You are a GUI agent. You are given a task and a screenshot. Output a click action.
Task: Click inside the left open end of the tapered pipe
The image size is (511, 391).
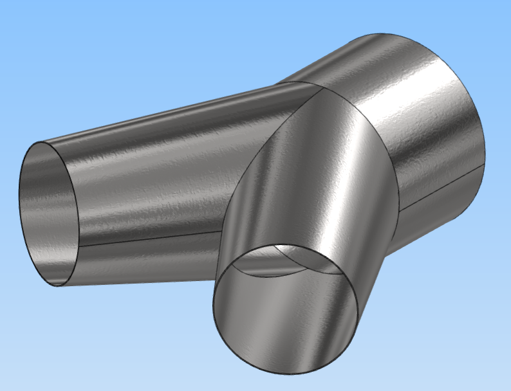point(48,212)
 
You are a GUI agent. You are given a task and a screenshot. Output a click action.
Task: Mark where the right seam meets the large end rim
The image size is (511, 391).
point(484,163)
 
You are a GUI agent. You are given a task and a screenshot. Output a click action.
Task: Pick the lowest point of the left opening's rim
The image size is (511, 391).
point(58,286)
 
